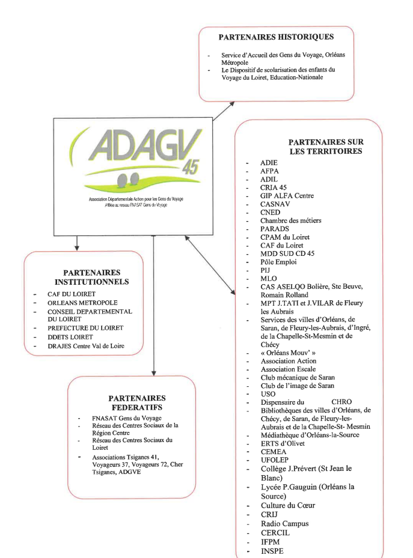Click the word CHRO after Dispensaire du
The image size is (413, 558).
tap(343, 402)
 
